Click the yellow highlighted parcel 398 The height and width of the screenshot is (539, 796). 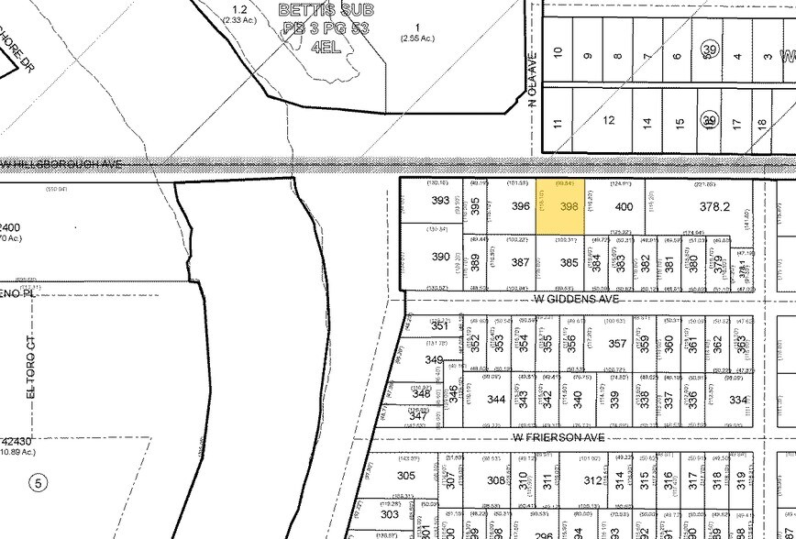pos(569,207)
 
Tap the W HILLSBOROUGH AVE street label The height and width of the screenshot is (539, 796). pos(62,164)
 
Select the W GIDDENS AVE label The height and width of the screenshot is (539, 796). pos(578,298)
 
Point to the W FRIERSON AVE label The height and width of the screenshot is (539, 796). pos(560,438)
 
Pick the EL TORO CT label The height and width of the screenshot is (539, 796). pos(29,378)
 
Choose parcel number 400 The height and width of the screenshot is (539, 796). pos(624,207)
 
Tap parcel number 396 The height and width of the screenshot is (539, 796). pos(521,207)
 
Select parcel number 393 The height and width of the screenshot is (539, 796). pos(440,201)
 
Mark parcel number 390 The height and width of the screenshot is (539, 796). pos(440,258)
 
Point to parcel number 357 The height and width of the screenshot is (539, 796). pos(617,344)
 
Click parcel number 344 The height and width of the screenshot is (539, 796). pos(496,400)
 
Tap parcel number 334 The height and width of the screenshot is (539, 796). pos(738,400)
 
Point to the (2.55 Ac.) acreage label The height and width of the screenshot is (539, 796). pos(417,38)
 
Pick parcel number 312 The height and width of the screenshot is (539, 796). pos(591,479)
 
